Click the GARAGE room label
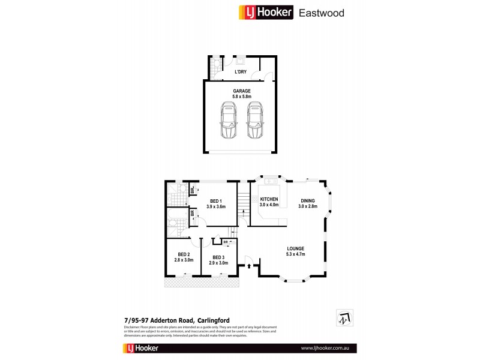(242, 91)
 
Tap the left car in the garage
(228, 121)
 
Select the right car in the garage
(255, 121)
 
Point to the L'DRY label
(240, 72)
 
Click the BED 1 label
(216, 201)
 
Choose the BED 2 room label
(184, 255)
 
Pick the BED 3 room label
(218, 257)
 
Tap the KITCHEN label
(269, 199)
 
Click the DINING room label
(308, 201)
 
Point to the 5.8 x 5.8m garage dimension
(242, 96)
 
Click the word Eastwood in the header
(321, 12)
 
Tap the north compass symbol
(344, 317)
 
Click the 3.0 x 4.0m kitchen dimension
(269, 205)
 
